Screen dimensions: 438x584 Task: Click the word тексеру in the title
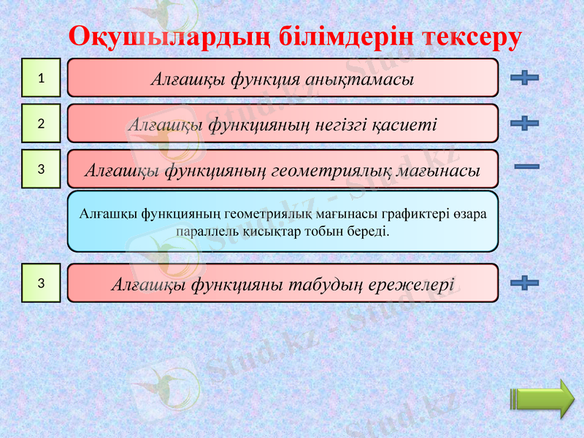tap(466, 36)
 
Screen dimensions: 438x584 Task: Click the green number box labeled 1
tap(41, 78)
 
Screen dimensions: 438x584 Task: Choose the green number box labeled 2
tap(41, 123)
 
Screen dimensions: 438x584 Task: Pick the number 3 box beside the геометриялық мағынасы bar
tap(41, 169)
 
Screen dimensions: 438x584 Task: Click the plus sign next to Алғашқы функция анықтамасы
tap(525, 78)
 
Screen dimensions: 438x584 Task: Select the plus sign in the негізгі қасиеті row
tap(525, 123)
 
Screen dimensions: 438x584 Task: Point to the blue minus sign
tap(526, 167)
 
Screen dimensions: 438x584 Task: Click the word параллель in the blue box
tap(207, 231)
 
